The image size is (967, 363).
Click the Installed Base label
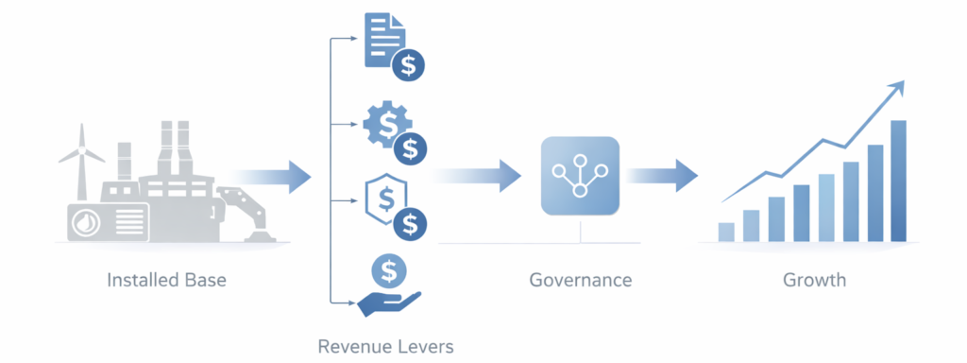[x=167, y=281]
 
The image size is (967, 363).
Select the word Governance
[x=580, y=281]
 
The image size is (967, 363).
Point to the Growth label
[x=814, y=281]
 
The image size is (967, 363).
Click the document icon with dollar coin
[x=385, y=40]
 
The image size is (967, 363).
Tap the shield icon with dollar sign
[x=385, y=201]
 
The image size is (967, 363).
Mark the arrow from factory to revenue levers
[x=274, y=176]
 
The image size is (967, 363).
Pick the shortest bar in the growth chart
[x=726, y=232]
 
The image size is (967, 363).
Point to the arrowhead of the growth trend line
[x=897, y=88]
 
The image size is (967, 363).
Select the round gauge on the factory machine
[x=85, y=224]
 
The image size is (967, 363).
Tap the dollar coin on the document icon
[x=410, y=66]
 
